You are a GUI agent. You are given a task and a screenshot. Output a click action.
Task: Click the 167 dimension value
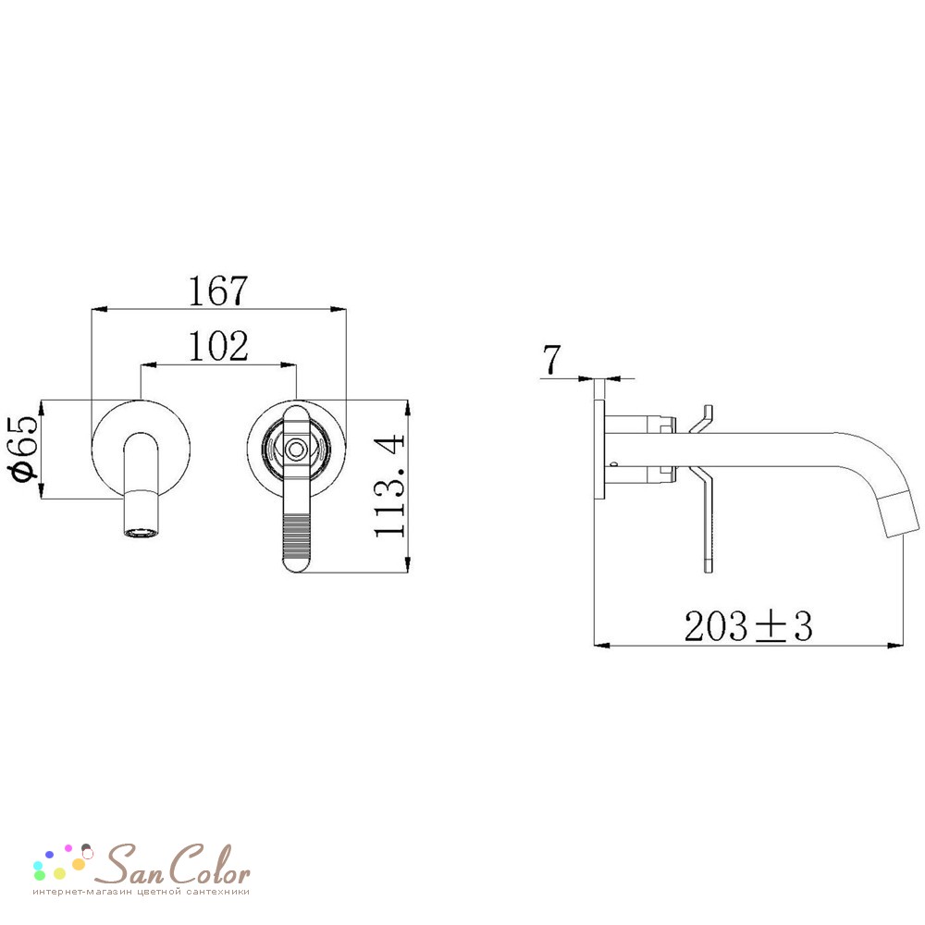(x=217, y=290)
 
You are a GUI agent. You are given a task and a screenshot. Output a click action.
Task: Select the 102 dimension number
(x=217, y=346)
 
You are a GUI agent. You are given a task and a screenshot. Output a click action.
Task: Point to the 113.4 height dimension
(x=390, y=486)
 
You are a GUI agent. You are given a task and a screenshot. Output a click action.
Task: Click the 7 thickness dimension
(x=551, y=359)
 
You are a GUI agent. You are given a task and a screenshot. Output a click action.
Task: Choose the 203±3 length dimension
(x=748, y=626)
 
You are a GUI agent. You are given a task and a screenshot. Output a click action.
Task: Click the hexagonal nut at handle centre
(x=295, y=450)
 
